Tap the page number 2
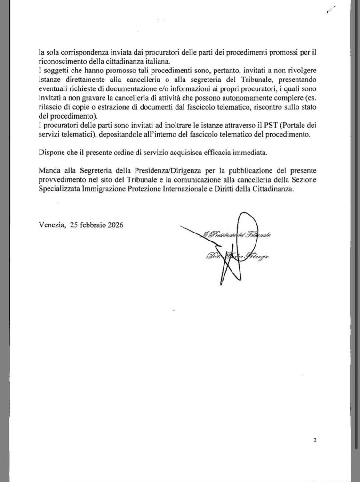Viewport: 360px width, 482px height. click(x=314, y=441)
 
